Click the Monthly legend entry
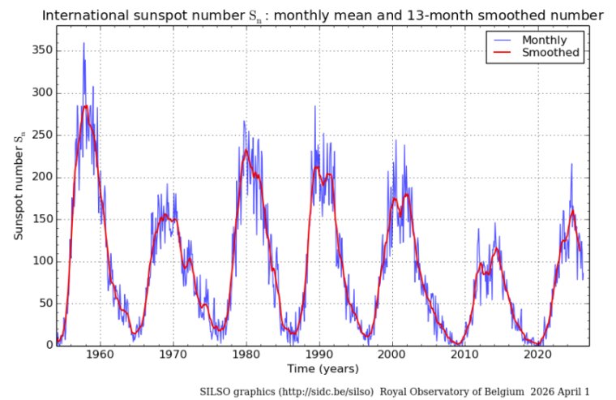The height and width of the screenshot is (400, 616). (544, 40)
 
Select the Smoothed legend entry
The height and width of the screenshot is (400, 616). (549, 53)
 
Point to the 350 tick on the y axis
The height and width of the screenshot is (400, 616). (41, 50)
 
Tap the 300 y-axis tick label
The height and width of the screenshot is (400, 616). (41, 92)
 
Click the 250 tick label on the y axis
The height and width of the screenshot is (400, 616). (41, 135)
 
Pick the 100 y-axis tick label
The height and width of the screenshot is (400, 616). (41, 261)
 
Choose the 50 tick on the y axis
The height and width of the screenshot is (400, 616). (45, 303)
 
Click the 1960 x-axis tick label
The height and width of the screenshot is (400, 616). (100, 355)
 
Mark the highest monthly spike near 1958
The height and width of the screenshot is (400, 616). (83, 43)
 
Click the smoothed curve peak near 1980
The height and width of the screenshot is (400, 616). (246, 150)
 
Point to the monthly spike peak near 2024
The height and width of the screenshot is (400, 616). (571, 164)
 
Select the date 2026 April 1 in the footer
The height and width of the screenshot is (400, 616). (559, 391)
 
